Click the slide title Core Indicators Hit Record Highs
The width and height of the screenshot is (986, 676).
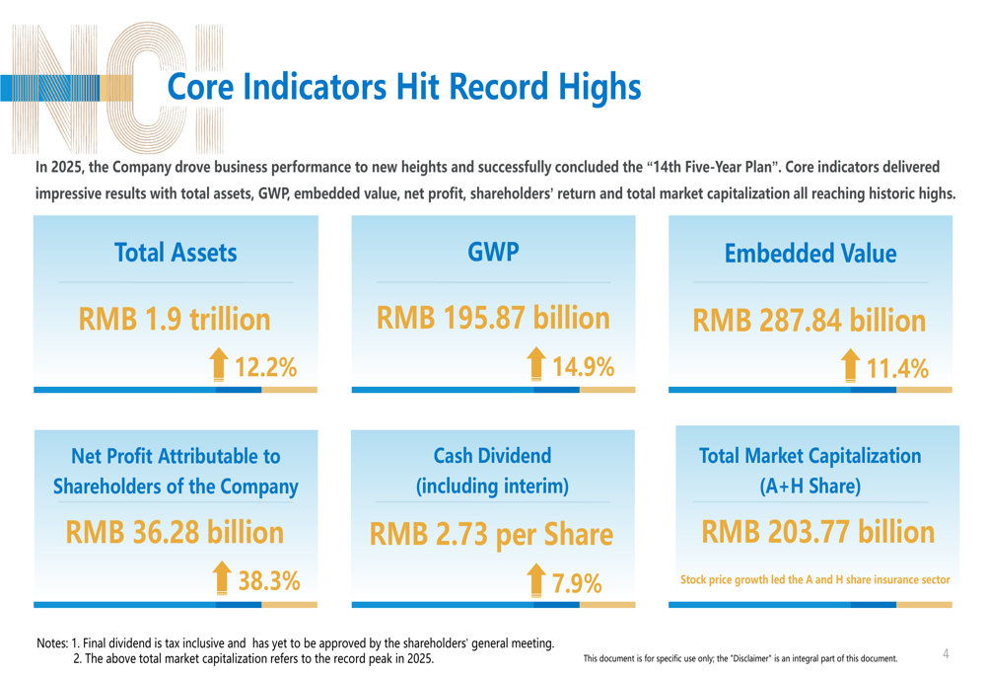(404, 87)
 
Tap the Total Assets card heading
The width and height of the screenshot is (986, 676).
(176, 253)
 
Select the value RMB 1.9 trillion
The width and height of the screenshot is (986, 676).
(175, 320)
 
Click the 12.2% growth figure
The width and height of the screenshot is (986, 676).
(265, 368)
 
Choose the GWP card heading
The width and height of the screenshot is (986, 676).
(493, 252)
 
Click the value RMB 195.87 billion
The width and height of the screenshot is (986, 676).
(493, 318)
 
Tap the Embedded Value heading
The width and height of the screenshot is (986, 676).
(810, 254)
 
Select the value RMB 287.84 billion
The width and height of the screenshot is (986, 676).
(810, 321)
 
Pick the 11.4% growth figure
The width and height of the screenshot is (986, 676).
(897, 369)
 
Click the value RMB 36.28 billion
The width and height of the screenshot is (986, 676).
(175, 533)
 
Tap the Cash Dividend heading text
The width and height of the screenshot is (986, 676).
(493, 471)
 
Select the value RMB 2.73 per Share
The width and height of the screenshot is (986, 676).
(491, 535)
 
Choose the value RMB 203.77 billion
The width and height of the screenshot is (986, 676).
(817, 533)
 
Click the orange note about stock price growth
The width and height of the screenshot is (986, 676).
(815, 579)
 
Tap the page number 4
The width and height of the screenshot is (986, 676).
(946, 653)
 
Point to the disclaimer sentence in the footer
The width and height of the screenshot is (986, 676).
(740, 658)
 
